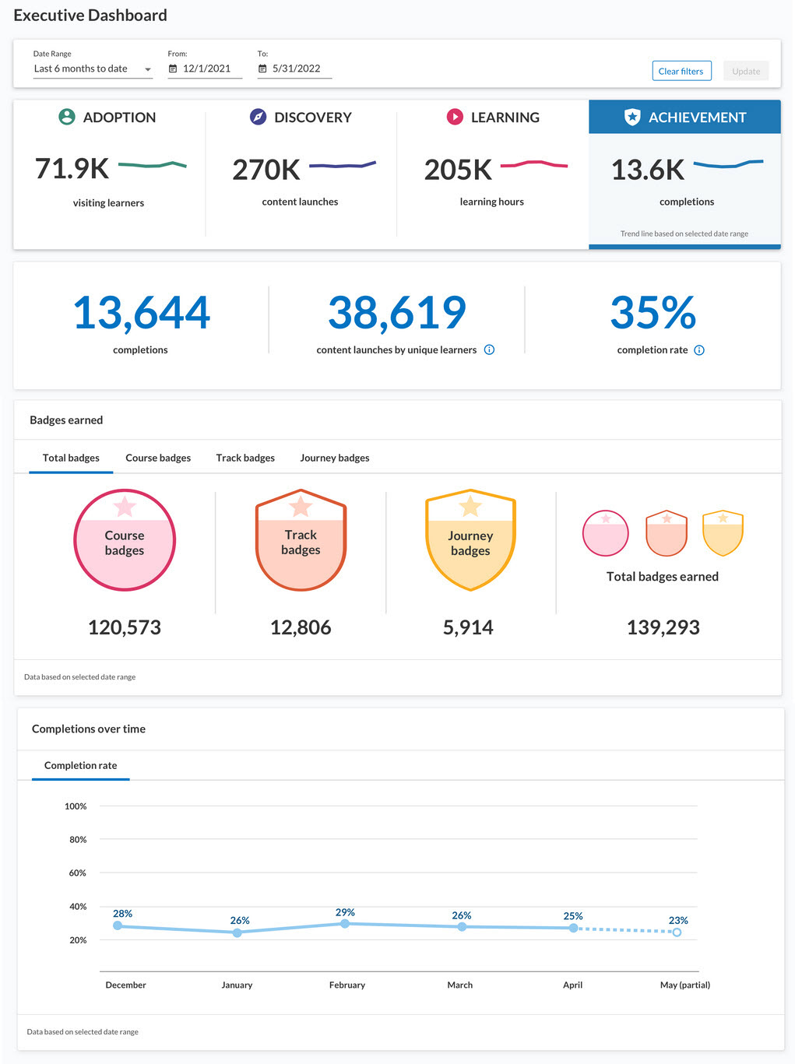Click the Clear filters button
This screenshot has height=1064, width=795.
(x=681, y=71)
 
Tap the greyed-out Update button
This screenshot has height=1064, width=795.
(x=746, y=71)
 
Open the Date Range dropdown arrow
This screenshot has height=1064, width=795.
(x=148, y=69)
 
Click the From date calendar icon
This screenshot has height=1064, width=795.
(x=173, y=68)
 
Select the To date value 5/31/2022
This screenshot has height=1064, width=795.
(x=296, y=68)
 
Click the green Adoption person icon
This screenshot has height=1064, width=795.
(x=67, y=117)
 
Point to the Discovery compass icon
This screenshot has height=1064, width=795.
(x=258, y=117)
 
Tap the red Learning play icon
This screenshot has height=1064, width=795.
(x=455, y=117)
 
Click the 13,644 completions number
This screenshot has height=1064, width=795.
(x=141, y=313)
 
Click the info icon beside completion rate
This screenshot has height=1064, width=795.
(x=699, y=350)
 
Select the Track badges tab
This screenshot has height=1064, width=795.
(x=245, y=458)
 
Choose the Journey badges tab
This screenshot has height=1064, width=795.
(x=335, y=458)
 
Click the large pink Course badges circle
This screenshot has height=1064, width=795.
(x=125, y=540)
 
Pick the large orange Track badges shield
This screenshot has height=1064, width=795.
(x=301, y=540)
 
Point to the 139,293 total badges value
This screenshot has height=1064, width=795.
(x=663, y=627)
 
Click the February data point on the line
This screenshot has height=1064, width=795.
(x=345, y=924)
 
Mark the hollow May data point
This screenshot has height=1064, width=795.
(x=677, y=932)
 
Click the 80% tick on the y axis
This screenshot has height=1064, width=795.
(x=78, y=840)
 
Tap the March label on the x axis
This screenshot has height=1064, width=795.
(x=460, y=985)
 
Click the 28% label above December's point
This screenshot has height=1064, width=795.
(x=122, y=914)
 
